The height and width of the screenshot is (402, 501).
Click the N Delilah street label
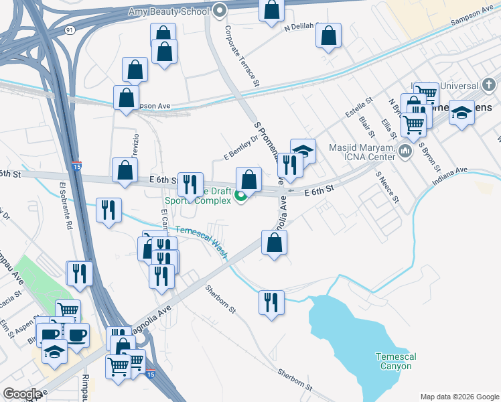click(299, 28)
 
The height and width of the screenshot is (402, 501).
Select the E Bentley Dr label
click(240, 147)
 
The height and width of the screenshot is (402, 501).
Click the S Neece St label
click(388, 187)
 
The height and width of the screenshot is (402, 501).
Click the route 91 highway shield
click(70, 30)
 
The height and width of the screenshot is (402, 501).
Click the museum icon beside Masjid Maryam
click(405, 151)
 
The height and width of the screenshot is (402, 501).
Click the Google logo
click(22, 394)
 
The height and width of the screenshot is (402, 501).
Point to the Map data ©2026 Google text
click(459, 397)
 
